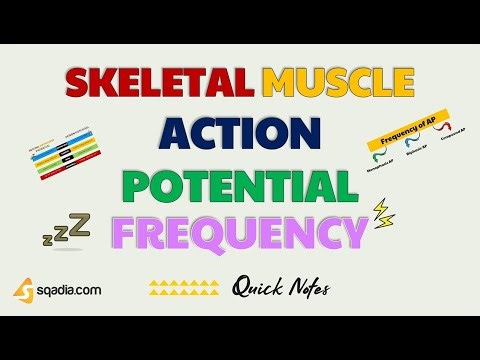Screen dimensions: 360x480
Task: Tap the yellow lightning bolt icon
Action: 383,211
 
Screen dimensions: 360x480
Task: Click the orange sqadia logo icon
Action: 23,289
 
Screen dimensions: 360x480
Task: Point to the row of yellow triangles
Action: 183,289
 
